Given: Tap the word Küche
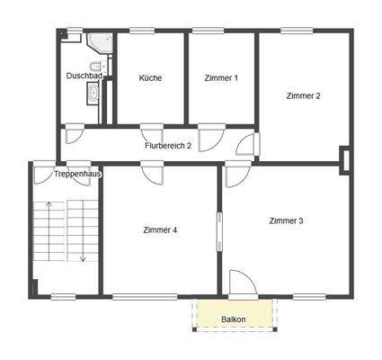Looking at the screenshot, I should pos(150,78).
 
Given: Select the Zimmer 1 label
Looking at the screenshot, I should pos(220,78).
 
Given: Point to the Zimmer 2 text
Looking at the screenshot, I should pos(304,95).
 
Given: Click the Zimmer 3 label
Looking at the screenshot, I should pos(285,220).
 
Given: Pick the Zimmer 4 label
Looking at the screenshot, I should pos(160,230).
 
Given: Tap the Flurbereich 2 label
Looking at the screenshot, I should pos(168,145).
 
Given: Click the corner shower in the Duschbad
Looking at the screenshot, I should pos(98,44).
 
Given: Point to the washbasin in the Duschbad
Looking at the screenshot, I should pos(93,94).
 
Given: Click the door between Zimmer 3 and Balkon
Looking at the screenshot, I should pos(240,283).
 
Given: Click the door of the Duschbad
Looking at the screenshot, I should pos(76,134).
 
